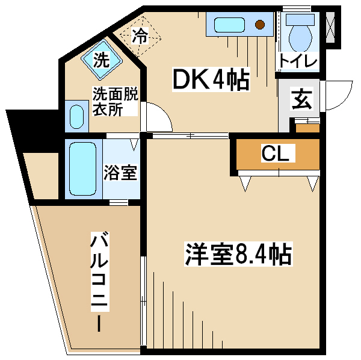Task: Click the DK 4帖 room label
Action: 211,79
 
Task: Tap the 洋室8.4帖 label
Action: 238,254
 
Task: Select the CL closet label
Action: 276,153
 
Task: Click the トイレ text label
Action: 298,61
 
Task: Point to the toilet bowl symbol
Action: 300,38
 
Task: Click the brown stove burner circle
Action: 260,25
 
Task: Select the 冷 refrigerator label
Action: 140,36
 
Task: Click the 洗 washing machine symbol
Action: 102,60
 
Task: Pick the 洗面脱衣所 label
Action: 115,101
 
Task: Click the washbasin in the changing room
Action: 76,116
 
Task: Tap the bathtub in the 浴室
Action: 82,169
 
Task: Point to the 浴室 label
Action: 120,172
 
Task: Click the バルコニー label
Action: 100,282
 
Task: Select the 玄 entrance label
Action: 302,99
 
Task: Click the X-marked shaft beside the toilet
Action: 330,27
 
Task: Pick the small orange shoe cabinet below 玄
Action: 307,128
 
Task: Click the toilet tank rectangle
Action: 300,20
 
